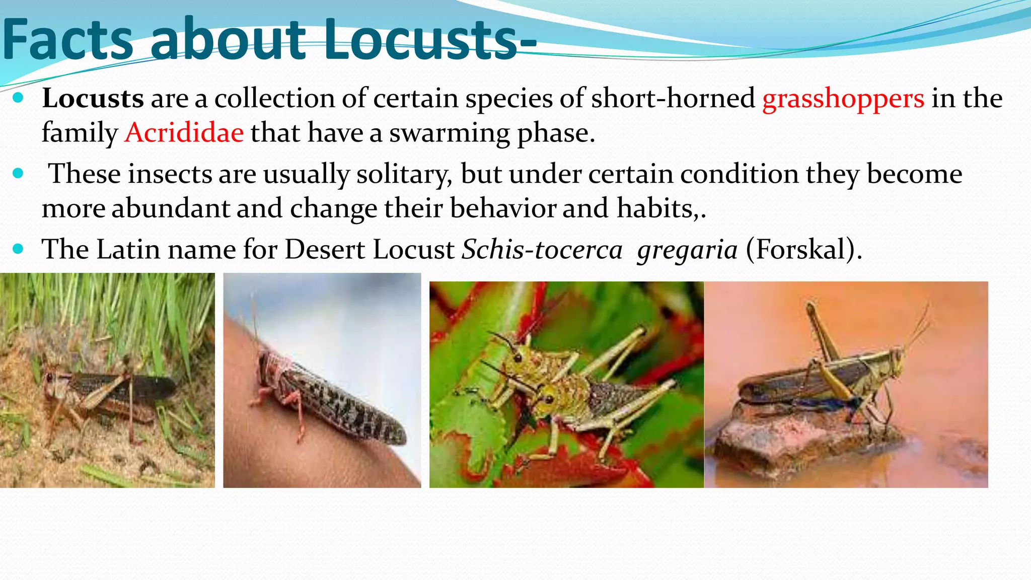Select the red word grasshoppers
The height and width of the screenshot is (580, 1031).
tap(843, 99)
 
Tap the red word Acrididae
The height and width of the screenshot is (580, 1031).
tap(184, 133)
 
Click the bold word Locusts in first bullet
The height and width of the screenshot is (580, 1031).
tap(93, 98)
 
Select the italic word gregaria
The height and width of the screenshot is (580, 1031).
tap(687, 250)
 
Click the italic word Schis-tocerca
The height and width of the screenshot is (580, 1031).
tap(542, 250)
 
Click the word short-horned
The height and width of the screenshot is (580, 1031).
tap(673, 98)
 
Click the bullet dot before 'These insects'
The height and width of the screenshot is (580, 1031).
tap(18, 174)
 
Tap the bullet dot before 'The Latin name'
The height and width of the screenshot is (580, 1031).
tap(18, 249)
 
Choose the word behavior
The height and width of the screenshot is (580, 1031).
tap(502, 208)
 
